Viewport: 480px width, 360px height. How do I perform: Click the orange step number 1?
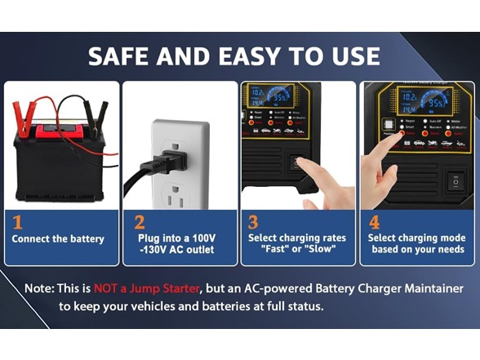coord(18,221)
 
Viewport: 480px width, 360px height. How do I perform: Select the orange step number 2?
coord(139,221)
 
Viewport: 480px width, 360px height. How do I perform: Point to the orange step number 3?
coord(253,221)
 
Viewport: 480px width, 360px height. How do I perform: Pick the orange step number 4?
coord(374,221)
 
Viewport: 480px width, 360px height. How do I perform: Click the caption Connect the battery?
coord(58,239)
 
